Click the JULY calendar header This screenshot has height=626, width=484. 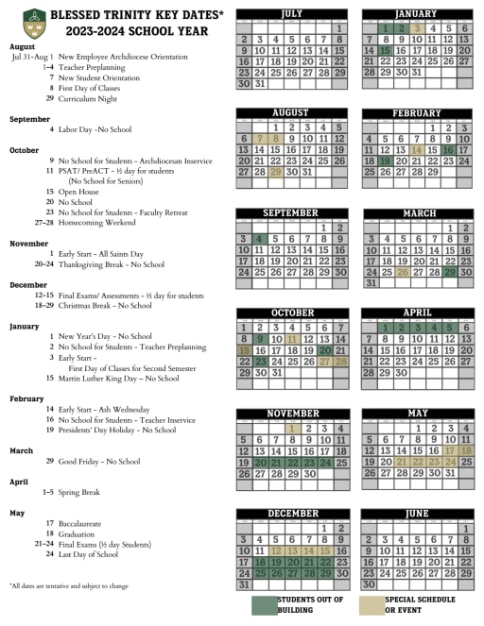click(x=290, y=14)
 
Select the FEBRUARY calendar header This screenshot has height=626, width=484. click(x=416, y=112)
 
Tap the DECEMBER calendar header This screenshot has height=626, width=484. click(x=290, y=512)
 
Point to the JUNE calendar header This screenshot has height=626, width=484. click(x=416, y=512)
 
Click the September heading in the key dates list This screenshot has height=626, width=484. click(x=29, y=119)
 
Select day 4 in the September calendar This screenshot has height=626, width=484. click(x=258, y=239)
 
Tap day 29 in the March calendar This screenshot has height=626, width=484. click(x=450, y=272)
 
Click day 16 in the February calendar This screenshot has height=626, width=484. click(x=448, y=150)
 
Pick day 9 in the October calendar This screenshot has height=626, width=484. click(x=258, y=339)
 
